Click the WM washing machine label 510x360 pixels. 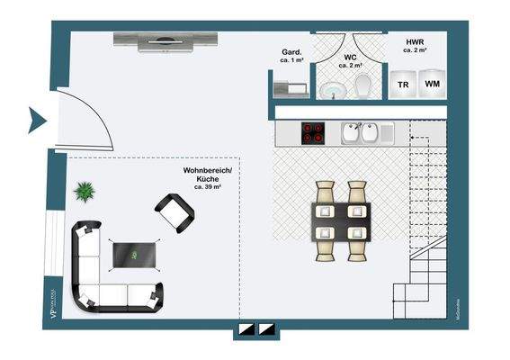(x=433, y=84)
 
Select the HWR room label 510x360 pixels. (x=414, y=42)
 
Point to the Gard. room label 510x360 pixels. (x=291, y=51)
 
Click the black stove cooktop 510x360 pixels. (x=313, y=132)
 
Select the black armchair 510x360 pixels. (x=174, y=211)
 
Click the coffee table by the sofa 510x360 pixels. (x=134, y=255)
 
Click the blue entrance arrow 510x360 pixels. (x=37, y=119)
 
